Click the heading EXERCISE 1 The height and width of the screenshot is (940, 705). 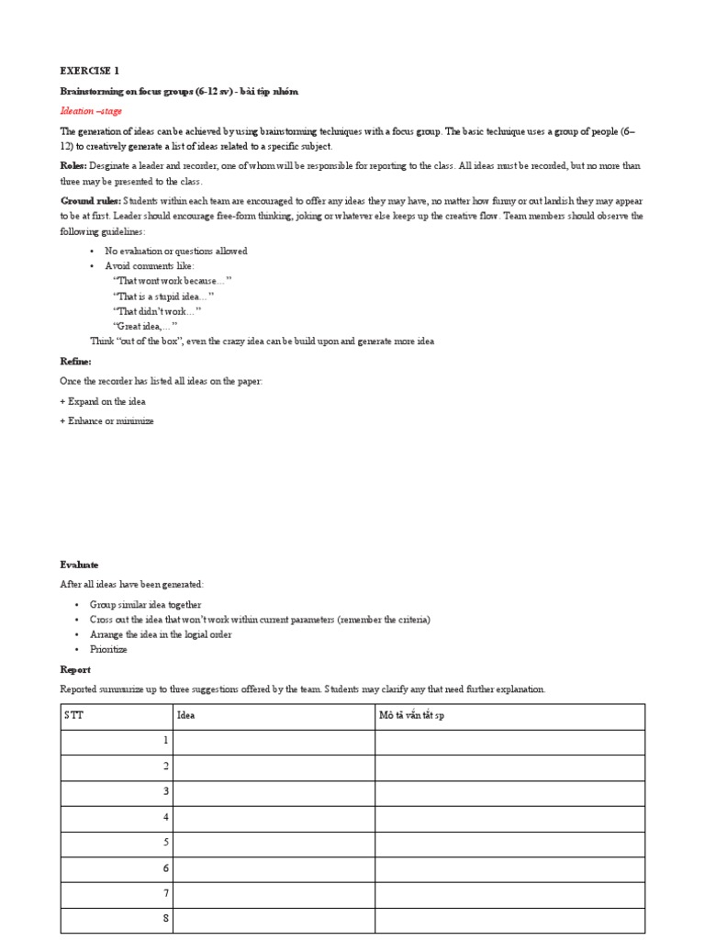tap(90, 71)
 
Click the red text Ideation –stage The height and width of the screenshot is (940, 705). tap(91, 111)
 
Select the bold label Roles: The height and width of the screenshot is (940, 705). tap(74, 166)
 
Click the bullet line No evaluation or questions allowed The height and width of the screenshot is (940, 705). tap(175, 251)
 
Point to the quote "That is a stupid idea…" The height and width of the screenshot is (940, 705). tap(163, 297)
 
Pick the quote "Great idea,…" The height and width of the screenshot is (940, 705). tap(145, 326)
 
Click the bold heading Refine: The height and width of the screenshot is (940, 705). tap(76, 362)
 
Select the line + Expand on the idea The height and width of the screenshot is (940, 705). tap(103, 401)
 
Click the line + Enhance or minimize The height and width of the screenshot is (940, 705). tap(107, 421)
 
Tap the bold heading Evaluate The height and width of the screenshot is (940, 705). tap(80, 565)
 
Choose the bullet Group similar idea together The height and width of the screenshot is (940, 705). tap(145, 605)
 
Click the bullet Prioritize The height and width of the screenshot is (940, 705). tap(108, 649)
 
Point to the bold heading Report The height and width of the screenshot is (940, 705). tap(75, 670)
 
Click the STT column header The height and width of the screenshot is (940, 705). tap(73, 715)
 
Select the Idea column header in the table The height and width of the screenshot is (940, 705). tap(186, 715)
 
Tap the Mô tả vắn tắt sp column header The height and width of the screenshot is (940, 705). tap(411, 715)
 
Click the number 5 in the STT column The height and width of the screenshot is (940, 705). tap(165, 842)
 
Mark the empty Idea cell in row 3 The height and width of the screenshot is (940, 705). tap(274, 791)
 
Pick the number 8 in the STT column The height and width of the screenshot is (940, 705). tap(165, 919)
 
